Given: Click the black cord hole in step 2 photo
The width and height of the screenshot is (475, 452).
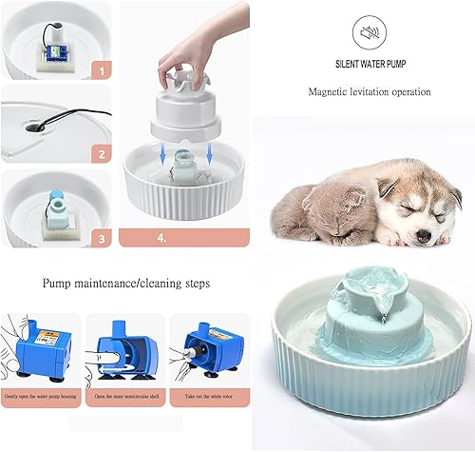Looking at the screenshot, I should pos(37,123).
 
